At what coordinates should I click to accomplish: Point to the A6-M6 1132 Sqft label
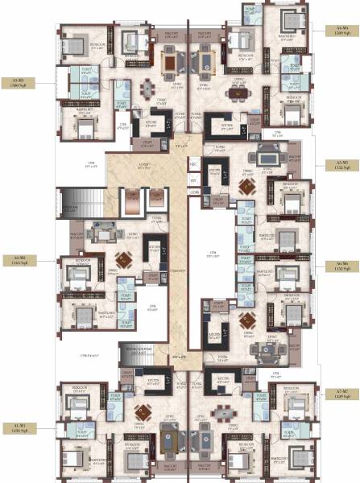pyautogui.click(x=337, y=265)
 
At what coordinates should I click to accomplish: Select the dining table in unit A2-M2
pyautogui.click(x=123, y=259)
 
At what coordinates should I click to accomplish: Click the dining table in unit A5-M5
pyautogui.click(x=246, y=188)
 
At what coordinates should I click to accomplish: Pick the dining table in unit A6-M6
pyautogui.click(x=246, y=316)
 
